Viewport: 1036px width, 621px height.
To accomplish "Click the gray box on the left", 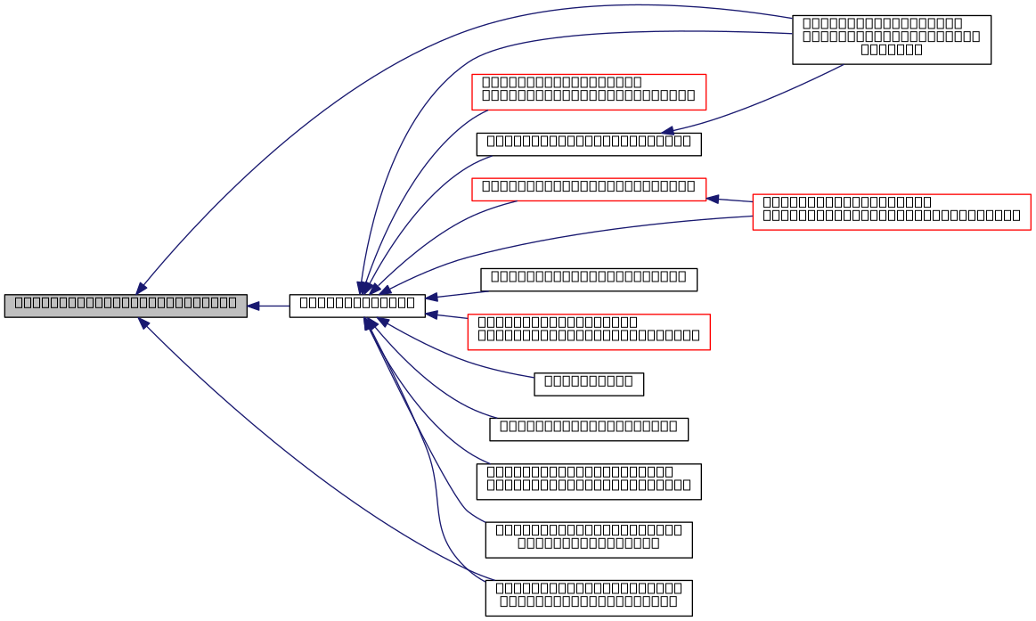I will [x=126, y=306].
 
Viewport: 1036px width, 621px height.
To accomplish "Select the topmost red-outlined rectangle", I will [x=589, y=92].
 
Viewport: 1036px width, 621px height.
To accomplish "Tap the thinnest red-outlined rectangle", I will [x=589, y=190].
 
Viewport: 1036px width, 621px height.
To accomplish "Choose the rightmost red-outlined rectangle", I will [x=891, y=212].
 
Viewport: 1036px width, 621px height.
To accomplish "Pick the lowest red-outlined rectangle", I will [x=588, y=332].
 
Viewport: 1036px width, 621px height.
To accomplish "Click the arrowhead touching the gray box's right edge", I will [x=254, y=306].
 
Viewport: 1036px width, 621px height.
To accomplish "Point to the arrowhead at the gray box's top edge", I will [x=141, y=288].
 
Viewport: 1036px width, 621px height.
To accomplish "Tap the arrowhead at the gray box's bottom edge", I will [x=143, y=323].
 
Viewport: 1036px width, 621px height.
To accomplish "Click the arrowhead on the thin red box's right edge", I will [x=713, y=199].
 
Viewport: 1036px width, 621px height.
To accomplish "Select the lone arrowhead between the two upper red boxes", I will [x=667, y=131].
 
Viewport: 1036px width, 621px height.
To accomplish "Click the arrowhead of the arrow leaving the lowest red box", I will [x=431, y=314].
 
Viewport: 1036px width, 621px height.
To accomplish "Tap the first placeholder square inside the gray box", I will [x=19, y=302].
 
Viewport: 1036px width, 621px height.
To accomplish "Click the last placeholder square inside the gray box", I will [x=232, y=302].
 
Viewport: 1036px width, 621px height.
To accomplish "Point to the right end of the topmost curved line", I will [x=791, y=18].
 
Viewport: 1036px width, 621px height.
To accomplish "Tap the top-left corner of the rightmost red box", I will [x=753, y=194].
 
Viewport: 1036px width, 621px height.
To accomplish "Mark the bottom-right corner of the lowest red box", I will [x=710, y=350].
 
